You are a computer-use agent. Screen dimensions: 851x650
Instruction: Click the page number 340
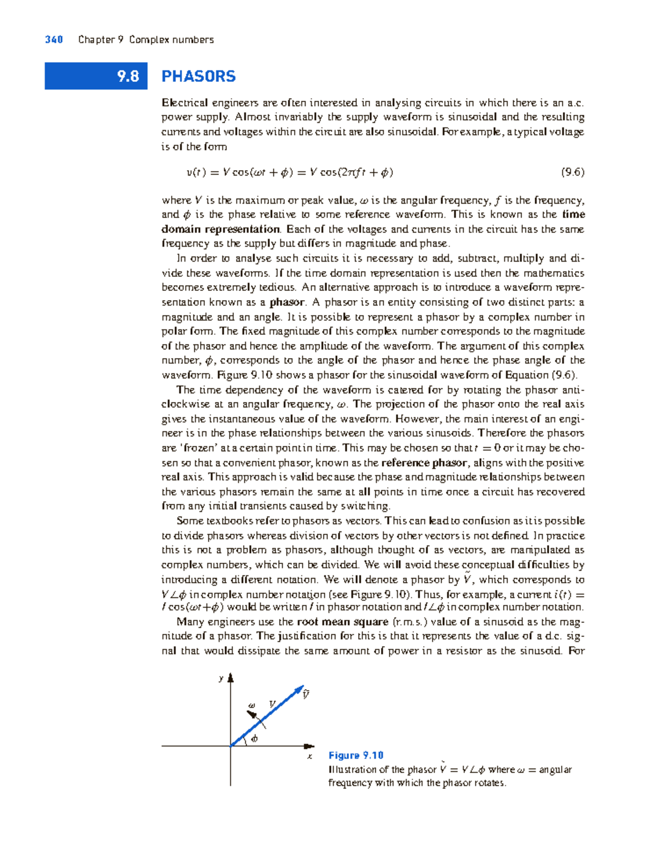(x=54, y=40)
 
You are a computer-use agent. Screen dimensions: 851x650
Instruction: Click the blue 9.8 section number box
(x=96, y=76)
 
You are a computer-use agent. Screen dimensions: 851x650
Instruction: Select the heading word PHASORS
(x=198, y=76)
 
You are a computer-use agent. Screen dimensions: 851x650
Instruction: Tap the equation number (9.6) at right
(x=573, y=172)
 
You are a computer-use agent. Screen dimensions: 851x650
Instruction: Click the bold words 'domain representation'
(x=220, y=229)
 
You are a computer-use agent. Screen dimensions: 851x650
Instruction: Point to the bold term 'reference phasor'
(x=424, y=463)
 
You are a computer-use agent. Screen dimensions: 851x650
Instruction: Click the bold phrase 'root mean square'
(x=342, y=622)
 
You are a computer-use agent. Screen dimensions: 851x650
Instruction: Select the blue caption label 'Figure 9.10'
(x=356, y=755)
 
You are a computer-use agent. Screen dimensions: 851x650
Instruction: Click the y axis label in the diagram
(x=220, y=678)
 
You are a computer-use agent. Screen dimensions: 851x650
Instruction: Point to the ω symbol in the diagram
(x=251, y=705)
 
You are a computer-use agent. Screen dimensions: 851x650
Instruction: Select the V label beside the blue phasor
(x=272, y=704)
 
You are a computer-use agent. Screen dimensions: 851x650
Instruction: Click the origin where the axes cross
(x=231, y=746)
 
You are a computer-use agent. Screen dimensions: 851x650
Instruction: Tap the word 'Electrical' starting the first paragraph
(x=185, y=103)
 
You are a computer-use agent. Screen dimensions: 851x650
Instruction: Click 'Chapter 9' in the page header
(x=101, y=40)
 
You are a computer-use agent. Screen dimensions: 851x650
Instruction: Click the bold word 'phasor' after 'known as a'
(x=287, y=302)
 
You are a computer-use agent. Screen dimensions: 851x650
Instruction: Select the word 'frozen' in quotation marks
(x=199, y=448)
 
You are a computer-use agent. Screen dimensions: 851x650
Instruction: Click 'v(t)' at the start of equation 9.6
(x=195, y=173)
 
